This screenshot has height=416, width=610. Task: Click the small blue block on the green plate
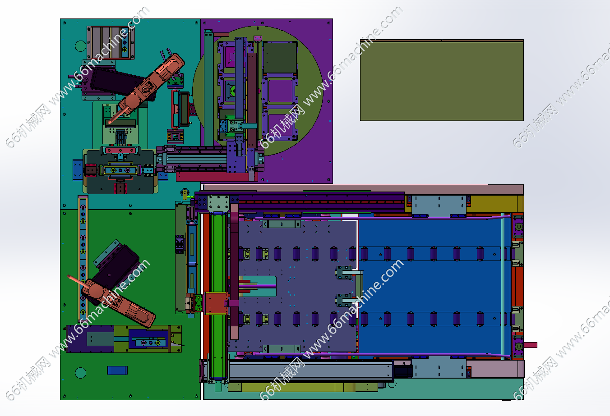point(117,370)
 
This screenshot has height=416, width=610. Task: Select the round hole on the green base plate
point(81,373)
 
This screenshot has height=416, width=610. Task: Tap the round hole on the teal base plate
point(80,46)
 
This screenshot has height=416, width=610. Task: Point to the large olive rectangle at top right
point(442,80)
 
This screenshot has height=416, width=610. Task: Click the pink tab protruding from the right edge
point(530,345)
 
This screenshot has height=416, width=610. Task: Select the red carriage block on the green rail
point(216,303)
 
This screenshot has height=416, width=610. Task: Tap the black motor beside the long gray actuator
point(403,370)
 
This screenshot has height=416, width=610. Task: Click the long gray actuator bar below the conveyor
point(310,370)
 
